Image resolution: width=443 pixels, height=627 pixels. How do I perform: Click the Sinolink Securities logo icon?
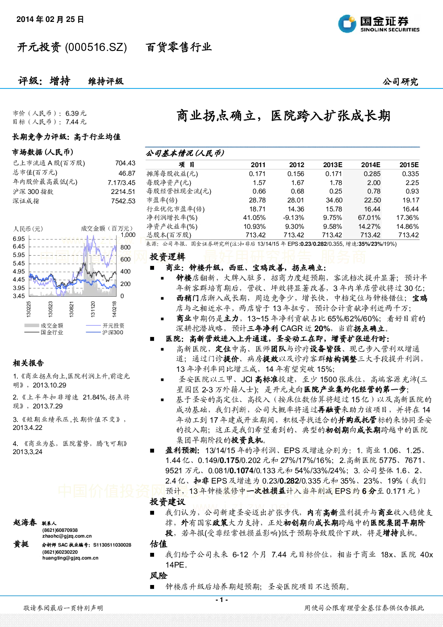click(347, 24)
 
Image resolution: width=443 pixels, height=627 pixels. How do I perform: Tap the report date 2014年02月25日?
click(50, 19)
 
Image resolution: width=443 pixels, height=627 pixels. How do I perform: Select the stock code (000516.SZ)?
click(96, 47)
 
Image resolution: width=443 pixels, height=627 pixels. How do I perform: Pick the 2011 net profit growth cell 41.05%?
click(255, 218)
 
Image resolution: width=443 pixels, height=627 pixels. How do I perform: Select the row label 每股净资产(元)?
click(169, 183)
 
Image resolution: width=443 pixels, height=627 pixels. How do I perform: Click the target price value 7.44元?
click(76, 122)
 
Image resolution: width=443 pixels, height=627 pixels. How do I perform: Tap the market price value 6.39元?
click(76, 114)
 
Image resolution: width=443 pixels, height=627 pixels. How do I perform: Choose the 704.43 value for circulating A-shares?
click(125, 163)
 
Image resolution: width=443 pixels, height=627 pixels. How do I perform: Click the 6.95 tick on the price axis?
click(19, 239)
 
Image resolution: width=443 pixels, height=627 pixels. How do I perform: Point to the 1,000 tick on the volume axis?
click(128, 235)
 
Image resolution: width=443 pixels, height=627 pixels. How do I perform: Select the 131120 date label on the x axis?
click(93, 309)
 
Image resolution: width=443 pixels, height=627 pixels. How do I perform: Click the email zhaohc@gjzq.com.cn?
click(67, 536)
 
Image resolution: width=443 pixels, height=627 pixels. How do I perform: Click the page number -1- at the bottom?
click(222, 600)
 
